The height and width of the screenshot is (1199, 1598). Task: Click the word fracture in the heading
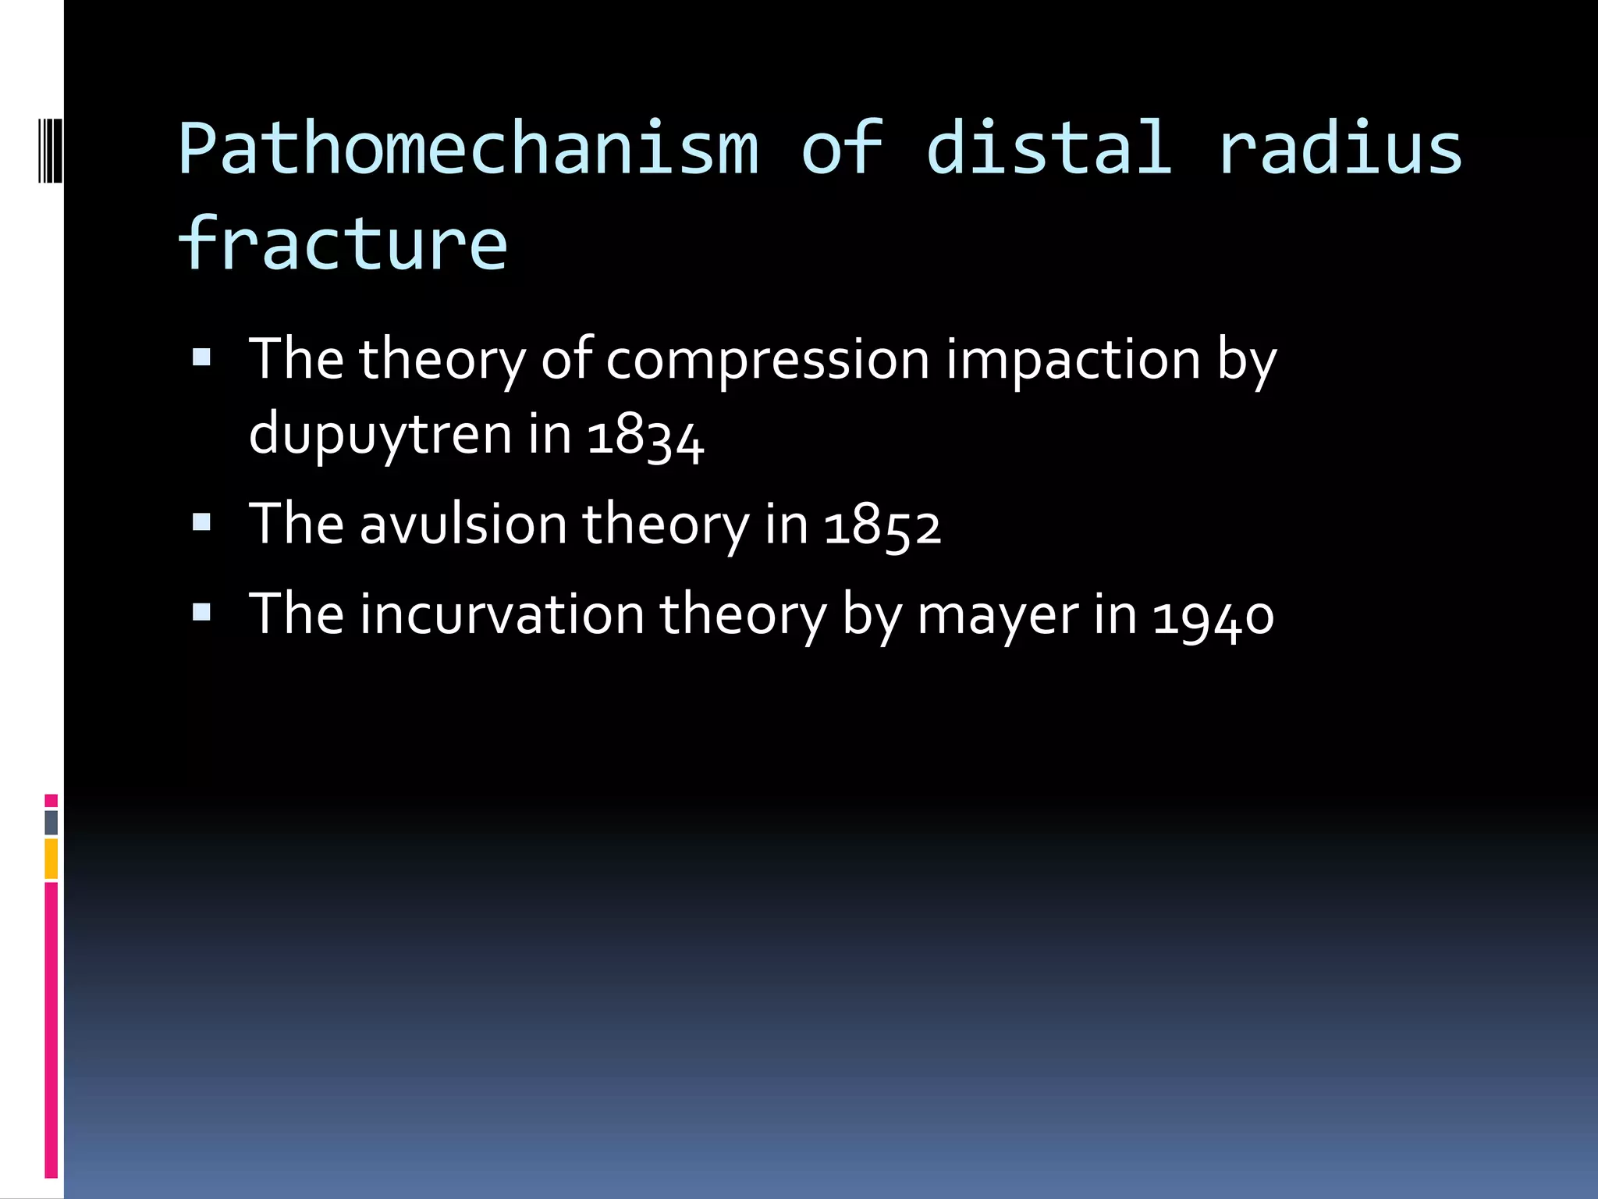point(343,244)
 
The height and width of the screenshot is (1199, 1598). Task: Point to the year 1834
point(645,436)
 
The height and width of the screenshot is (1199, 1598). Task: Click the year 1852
point(882,525)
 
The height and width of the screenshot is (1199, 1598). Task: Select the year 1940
point(1213,615)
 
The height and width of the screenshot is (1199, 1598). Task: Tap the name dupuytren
point(380,436)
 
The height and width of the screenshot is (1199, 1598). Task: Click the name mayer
point(998,615)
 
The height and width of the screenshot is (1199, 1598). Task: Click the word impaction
point(1073,361)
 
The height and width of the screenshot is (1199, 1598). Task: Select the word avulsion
point(463,525)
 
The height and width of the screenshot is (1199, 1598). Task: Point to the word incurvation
point(502,615)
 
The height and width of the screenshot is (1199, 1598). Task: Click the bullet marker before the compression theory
point(202,358)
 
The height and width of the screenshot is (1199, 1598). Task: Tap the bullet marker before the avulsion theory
point(202,522)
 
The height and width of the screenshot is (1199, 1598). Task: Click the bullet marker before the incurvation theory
point(202,612)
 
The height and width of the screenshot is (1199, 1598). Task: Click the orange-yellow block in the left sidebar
point(51,858)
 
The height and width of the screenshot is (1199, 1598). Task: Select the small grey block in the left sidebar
point(51,822)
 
